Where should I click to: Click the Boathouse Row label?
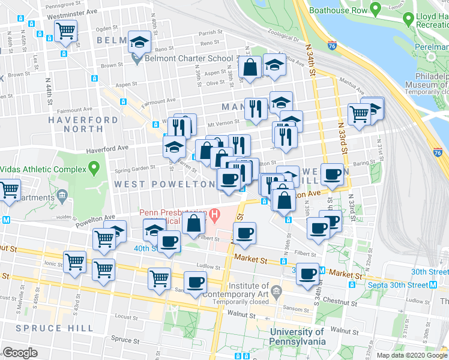click(338, 10)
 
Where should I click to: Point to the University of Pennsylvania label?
click(298, 337)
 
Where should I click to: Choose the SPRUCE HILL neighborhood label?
click(55, 328)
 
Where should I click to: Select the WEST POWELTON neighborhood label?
click(164, 184)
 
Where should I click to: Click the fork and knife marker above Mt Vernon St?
click(256, 109)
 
